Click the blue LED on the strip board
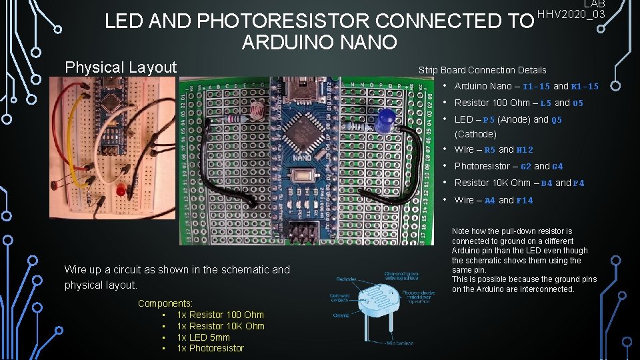(384, 122)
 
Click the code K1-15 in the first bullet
(585, 87)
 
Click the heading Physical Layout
(121, 67)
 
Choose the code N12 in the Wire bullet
(525, 150)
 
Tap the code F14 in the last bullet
(525, 201)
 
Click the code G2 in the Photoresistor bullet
(525, 167)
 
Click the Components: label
(165, 303)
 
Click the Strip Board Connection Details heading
(482, 70)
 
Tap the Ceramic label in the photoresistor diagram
(341, 315)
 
